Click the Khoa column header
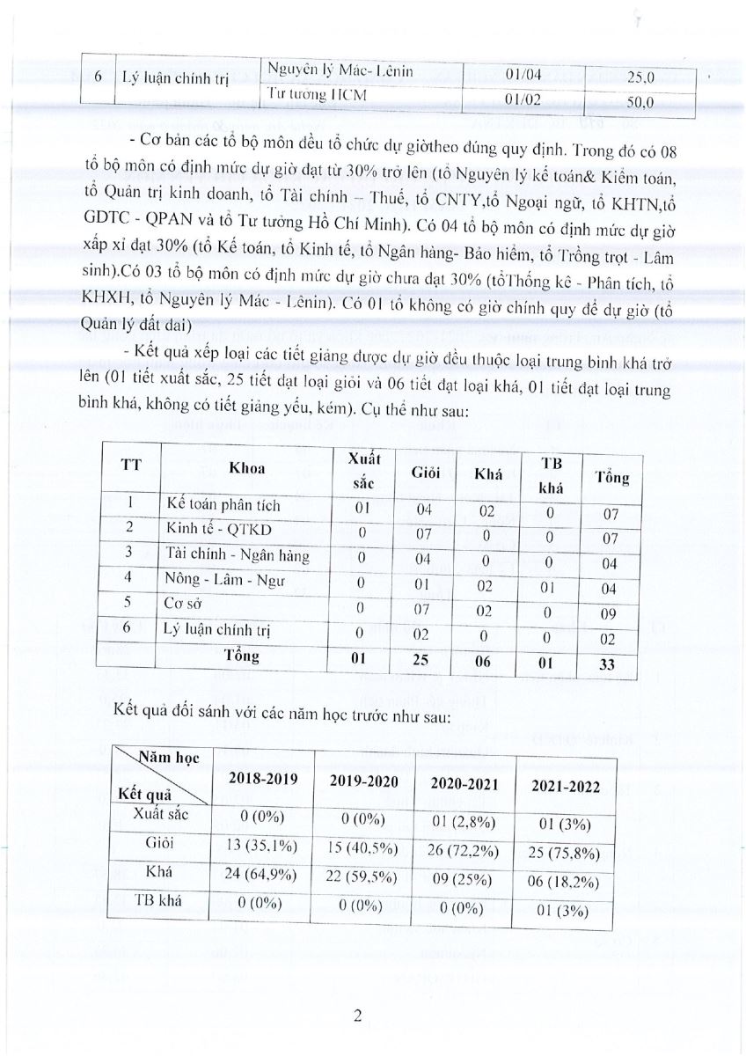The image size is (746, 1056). tap(246, 469)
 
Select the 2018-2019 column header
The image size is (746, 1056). tap(264, 779)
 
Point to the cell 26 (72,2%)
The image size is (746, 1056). tap(465, 848)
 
